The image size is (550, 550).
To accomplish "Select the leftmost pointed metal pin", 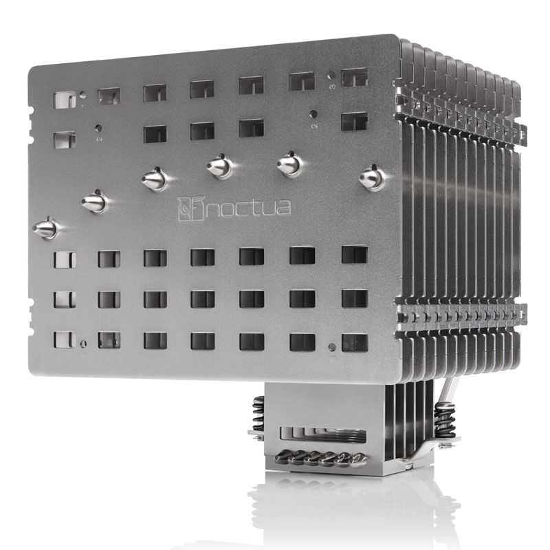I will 46,228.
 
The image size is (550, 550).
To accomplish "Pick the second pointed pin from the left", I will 95,202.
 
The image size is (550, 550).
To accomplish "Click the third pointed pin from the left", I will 155,179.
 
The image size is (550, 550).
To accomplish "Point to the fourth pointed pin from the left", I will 219,166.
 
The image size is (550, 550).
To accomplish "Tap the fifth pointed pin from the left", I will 289,165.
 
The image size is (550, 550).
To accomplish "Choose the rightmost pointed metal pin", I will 371,179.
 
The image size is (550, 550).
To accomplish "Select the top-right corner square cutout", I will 354,78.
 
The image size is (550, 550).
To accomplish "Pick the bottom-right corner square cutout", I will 354,342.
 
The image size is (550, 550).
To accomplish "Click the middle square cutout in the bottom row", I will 202,340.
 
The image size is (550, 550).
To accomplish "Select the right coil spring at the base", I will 441,419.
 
